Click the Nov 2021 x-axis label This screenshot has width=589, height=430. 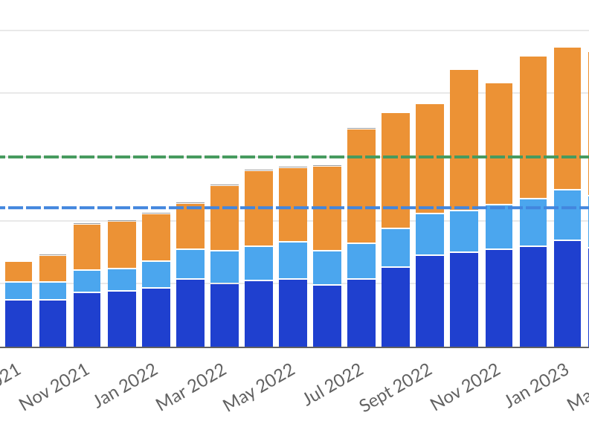(x=54, y=388)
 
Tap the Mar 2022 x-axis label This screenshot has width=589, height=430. (x=191, y=388)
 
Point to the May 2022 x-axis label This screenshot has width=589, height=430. (x=260, y=388)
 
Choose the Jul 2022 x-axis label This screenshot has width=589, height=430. (x=334, y=385)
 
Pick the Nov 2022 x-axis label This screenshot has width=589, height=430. (x=466, y=388)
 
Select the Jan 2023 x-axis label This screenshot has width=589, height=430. (x=537, y=385)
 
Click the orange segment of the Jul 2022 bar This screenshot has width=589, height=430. (x=361, y=186)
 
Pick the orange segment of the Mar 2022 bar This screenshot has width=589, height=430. (x=225, y=218)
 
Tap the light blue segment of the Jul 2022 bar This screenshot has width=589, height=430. (x=361, y=261)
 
